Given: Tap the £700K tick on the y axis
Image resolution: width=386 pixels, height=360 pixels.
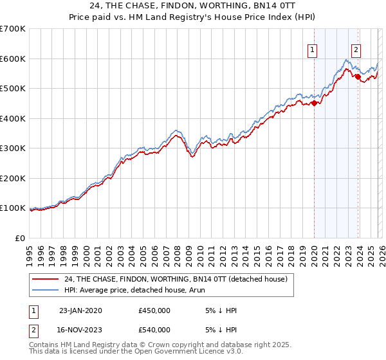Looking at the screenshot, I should (x=13, y=29).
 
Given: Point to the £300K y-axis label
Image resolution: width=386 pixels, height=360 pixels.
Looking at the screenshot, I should (x=13, y=148).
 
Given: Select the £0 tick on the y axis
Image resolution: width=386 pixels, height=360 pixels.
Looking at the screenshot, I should (x=21, y=238).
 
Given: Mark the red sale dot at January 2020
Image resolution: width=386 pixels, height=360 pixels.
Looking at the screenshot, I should (x=314, y=103).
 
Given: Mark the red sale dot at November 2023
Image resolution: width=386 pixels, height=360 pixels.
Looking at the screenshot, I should (x=358, y=76).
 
